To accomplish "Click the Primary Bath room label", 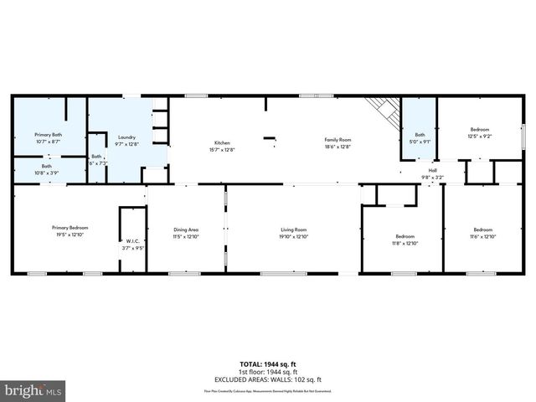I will tap(48, 134).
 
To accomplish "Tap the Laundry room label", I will tap(126, 137).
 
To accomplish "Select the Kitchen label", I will tap(221, 142).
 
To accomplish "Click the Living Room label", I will tap(293, 229).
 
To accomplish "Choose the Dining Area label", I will tap(186, 229).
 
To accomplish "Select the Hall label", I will tap(433, 170).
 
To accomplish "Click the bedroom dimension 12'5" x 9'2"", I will tap(479, 137).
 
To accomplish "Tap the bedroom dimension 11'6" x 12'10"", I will tap(483, 236).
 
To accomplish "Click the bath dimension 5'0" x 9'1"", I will tap(420, 142).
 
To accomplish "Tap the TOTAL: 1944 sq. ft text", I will tap(267, 364).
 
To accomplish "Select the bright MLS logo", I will tap(33, 390).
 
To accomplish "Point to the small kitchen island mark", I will tap(269, 138).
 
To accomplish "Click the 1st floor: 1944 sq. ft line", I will tap(267, 371).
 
